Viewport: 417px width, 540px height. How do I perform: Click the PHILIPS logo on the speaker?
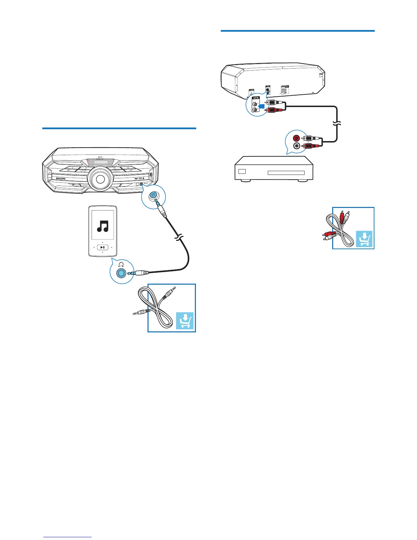61,179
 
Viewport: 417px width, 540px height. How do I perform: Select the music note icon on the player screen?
103,226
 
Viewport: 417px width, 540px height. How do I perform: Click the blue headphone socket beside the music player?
121,273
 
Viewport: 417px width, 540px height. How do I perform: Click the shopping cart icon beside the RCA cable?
364,239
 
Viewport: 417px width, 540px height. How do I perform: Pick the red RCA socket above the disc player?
297,138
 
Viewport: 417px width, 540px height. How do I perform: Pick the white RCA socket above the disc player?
297,146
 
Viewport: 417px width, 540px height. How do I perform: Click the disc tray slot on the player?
286,173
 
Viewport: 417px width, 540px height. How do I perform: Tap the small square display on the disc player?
242,171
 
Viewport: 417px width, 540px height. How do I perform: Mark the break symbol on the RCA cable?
337,124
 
